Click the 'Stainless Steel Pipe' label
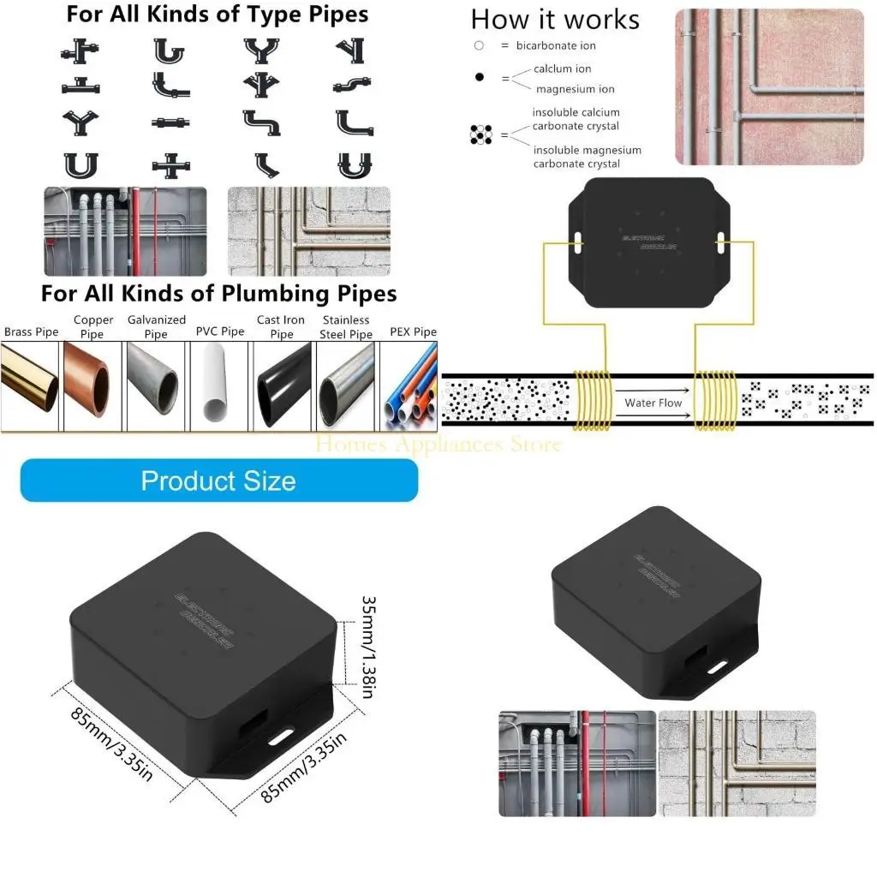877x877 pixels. tap(346, 327)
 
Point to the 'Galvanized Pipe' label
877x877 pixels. tap(156, 327)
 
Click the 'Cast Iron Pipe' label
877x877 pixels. tap(281, 327)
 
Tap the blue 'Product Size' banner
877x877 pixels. tap(218, 480)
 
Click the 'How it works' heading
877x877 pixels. tap(555, 20)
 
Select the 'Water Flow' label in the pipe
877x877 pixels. tap(653, 403)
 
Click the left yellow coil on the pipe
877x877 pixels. tap(590, 399)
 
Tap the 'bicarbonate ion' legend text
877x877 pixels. tap(556, 45)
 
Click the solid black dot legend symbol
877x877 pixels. tap(479, 78)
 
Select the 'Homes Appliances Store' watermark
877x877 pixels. tap(438, 444)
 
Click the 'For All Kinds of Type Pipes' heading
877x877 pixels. tap(218, 15)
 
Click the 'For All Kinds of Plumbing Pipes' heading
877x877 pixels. tap(218, 294)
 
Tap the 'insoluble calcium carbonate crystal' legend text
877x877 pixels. tap(576, 119)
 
